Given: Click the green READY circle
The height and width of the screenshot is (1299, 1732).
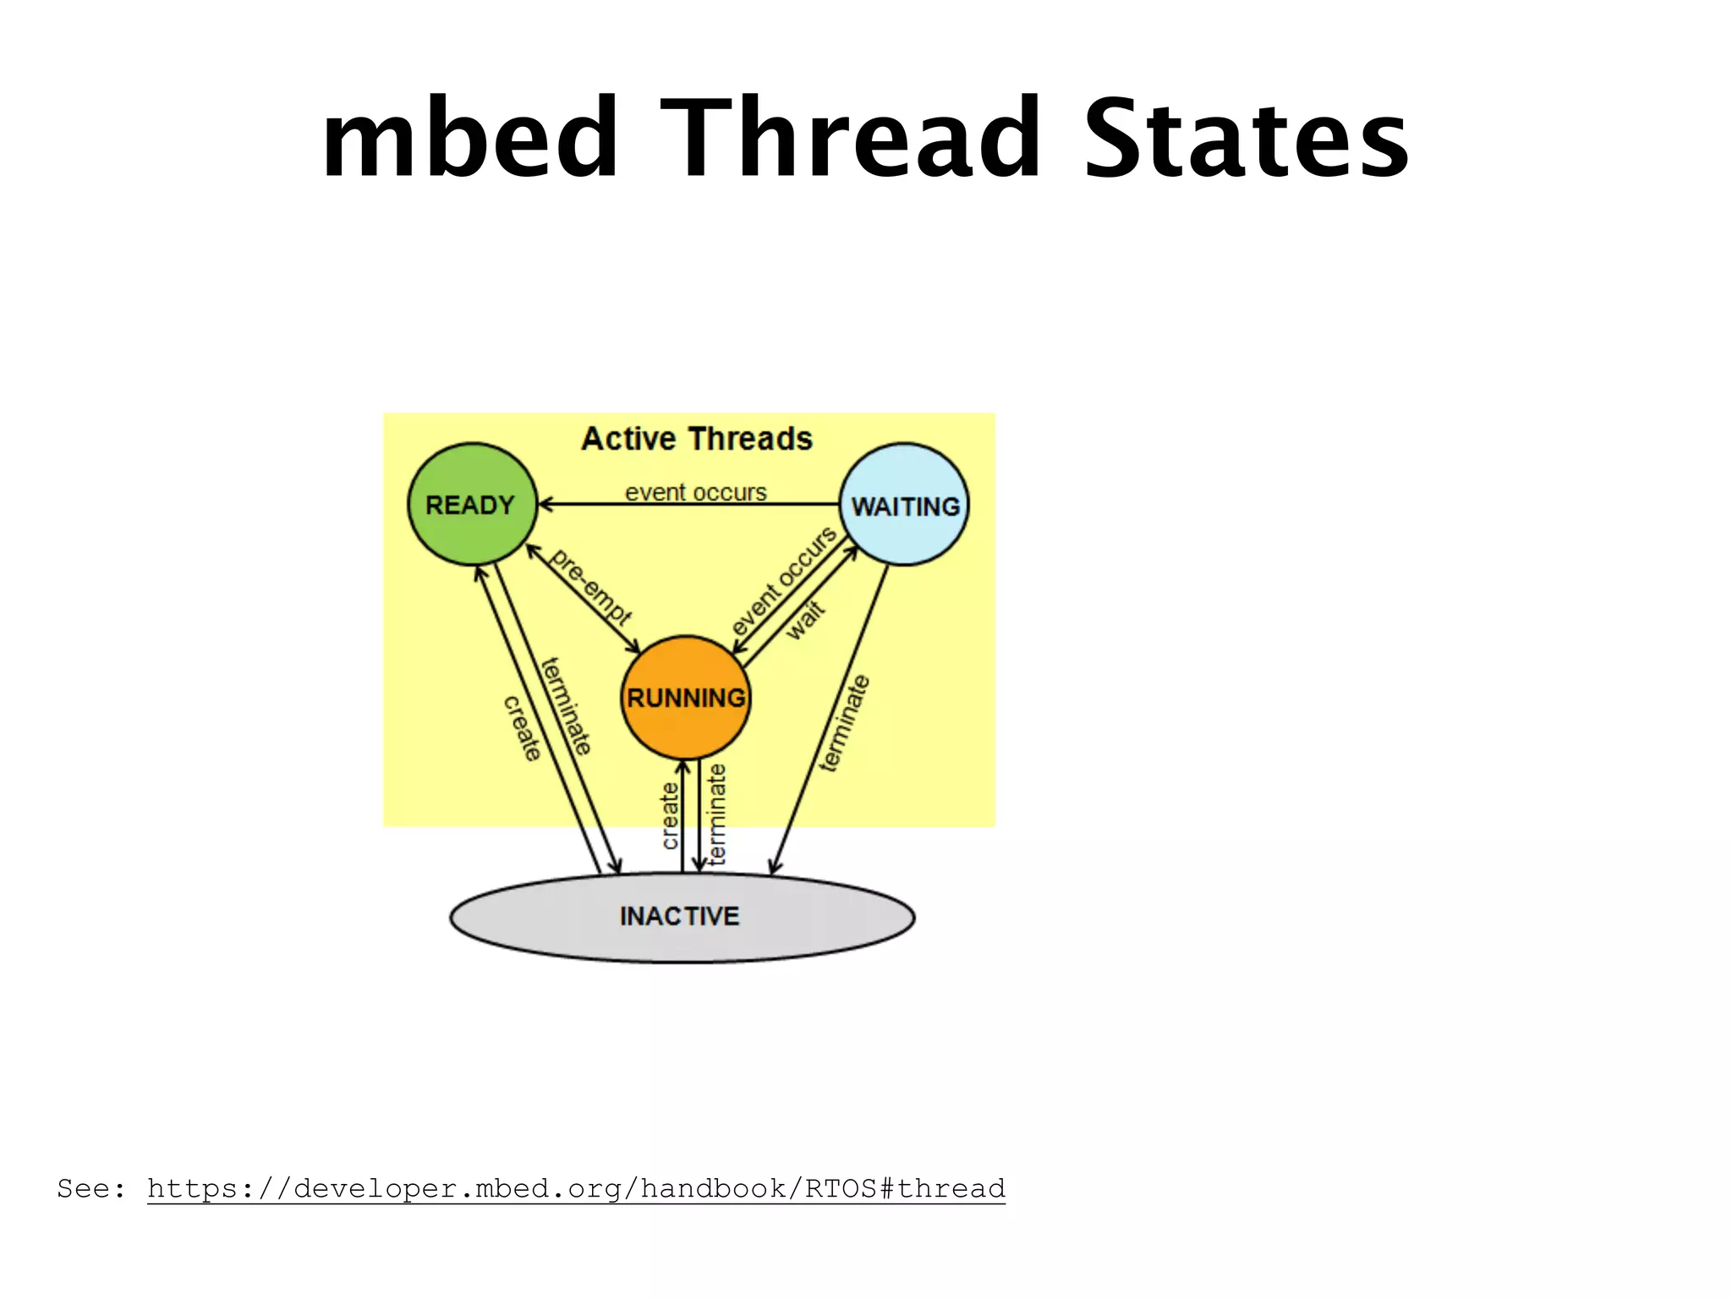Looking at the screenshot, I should point(472,504).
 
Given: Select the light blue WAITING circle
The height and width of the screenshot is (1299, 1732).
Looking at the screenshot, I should point(904,505).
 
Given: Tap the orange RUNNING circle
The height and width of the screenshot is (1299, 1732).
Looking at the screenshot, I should point(685,698).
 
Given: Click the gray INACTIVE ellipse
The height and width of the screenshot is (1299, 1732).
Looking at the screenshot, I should point(682,917).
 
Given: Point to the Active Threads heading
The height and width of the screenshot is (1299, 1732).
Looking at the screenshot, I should point(697,439).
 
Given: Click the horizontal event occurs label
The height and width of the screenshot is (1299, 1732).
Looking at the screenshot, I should point(695,492).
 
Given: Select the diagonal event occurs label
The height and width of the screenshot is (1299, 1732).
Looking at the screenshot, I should point(783,581).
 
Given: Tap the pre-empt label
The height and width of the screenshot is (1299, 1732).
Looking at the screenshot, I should point(590,586).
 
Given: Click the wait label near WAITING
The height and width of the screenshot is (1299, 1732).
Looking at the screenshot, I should point(805,620).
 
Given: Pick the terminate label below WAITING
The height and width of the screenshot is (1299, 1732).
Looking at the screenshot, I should point(844,723).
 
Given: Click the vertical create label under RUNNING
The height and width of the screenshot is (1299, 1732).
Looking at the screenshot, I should point(670,815).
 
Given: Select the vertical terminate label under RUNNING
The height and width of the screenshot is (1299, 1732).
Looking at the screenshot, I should point(717,814).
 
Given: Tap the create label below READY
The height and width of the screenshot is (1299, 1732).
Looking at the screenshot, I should point(522,728).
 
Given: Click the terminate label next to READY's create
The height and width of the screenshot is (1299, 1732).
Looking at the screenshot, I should point(566,706).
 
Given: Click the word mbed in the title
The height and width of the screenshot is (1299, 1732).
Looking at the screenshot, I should point(470,140).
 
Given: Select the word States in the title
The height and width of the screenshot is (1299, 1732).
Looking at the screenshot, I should point(1246,140).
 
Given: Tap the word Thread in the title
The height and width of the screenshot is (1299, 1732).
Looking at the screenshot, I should point(850,140).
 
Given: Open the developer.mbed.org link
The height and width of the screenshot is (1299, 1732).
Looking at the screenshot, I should point(576,1188).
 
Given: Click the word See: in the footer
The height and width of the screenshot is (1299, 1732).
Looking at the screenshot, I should point(90,1188).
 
